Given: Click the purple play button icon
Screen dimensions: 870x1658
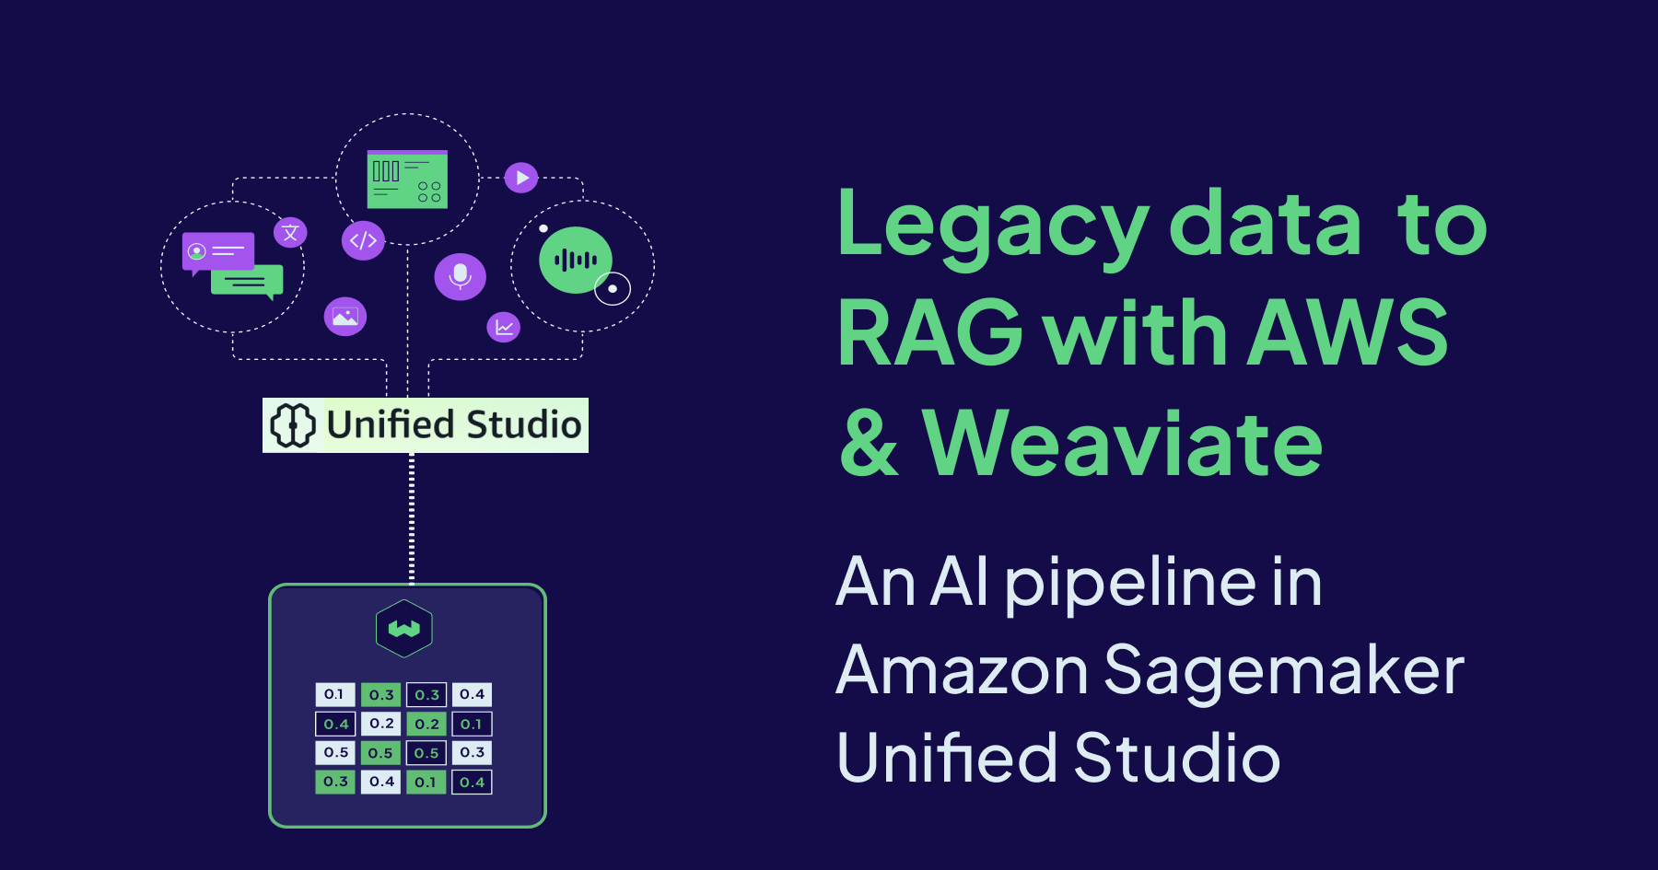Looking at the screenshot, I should click(x=521, y=177).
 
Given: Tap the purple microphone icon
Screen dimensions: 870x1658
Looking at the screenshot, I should click(x=461, y=276).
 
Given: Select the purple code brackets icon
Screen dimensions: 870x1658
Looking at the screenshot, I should click(x=363, y=240).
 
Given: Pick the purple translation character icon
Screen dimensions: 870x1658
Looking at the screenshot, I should click(x=290, y=232).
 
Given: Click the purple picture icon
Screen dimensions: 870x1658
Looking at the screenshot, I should click(x=345, y=317).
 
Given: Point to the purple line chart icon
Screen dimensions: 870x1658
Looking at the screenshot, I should click(x=504, y=327).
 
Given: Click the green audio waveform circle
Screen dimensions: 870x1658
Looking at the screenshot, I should click(x=575, y=261).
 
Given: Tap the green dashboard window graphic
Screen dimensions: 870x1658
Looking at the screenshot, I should click(x=407, y=180).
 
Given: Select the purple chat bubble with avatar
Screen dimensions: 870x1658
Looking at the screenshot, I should click(x=217, y=251).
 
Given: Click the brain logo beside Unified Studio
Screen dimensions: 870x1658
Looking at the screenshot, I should click(x=293, y=425).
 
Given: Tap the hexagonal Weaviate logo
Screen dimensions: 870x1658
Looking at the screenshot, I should click(x=404, y=629).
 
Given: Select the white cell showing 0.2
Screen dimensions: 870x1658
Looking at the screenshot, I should click(x=381, y=724).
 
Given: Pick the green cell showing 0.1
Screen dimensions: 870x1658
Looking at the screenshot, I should click(x=426, y=782).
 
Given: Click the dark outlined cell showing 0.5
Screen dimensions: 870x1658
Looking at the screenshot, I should click(x=426, y=752).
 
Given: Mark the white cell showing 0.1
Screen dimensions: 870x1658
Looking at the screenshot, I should click(x=334, y=694).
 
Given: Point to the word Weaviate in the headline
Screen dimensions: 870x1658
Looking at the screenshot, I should click(x=1122, y=444).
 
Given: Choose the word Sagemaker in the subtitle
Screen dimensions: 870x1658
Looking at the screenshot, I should click(x=1283, y=670).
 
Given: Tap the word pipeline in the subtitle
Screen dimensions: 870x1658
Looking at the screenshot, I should click(x=1130, y=583).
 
